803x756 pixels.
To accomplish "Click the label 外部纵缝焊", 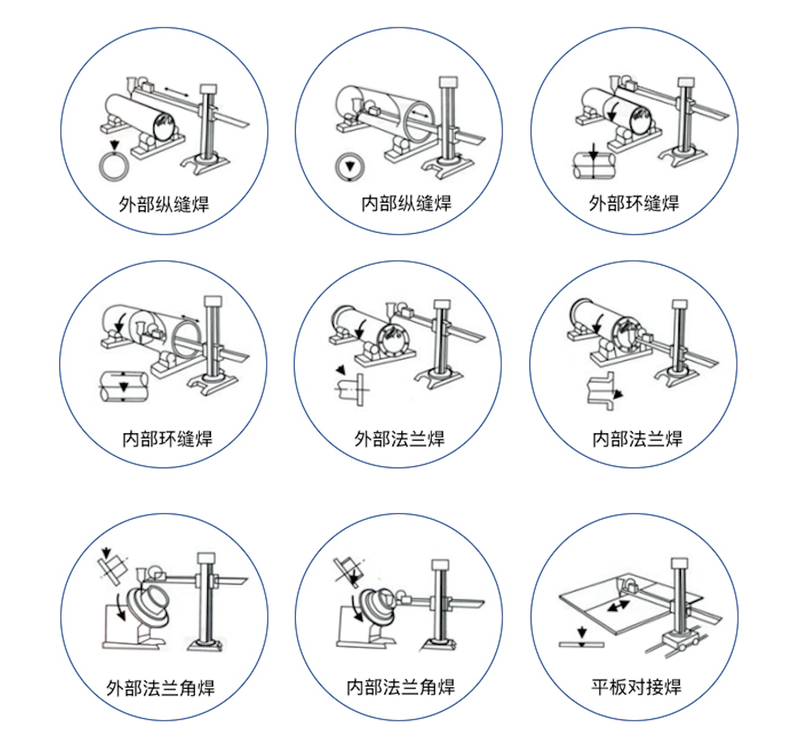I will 163,204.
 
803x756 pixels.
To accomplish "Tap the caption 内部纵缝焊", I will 406,203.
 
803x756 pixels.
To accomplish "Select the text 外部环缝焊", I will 634,203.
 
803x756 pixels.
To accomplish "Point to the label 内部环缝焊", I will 167,439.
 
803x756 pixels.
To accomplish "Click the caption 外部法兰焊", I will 399,439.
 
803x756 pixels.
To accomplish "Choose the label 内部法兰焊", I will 637,439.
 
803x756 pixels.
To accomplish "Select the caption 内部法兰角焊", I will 400,686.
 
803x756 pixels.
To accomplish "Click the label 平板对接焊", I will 636,686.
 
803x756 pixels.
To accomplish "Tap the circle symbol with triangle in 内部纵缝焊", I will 349,166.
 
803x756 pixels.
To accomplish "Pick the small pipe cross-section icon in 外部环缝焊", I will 593,165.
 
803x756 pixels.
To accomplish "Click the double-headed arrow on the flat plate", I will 618,606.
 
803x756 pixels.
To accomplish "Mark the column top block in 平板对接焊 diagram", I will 680,563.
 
